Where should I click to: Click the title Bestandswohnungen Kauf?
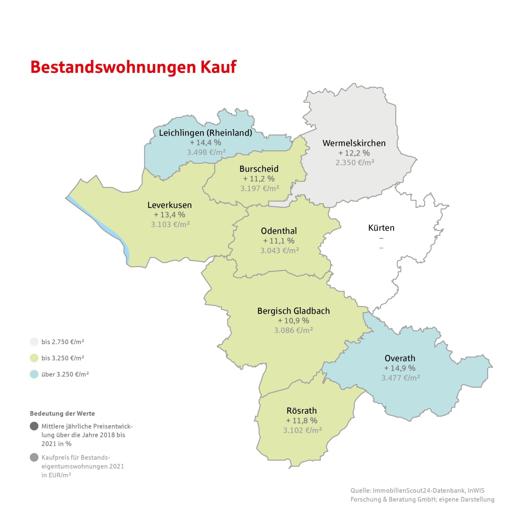[x=133, y=67]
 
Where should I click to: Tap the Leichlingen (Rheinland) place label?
[x=206, y=133]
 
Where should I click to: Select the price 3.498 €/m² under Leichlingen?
[x=206, y=152]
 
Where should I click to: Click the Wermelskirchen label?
[x=354, y=143]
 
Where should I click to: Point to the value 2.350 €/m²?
[x=355, y=162]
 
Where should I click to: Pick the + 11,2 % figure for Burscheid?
[x=259, y=179]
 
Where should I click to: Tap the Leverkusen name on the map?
[x=170, y=205]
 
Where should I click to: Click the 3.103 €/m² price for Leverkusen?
[x=170, y=224]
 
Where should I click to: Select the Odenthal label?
[x=279, y=231]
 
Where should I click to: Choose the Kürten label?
[x=381, y=228]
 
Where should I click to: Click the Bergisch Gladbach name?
[x=293, y=311]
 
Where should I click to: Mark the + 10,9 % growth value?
[x=293, y=321]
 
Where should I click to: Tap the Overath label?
[x=400, y=358]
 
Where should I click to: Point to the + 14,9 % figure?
[x=400, y=368]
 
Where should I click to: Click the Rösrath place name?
[x=301, y=411]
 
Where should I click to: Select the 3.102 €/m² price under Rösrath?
[x=302, y=430]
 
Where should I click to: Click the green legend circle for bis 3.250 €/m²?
[x=34, y=358]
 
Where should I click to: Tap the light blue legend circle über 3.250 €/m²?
[x=34, y=374]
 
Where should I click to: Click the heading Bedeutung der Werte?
[x=62, y=413]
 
